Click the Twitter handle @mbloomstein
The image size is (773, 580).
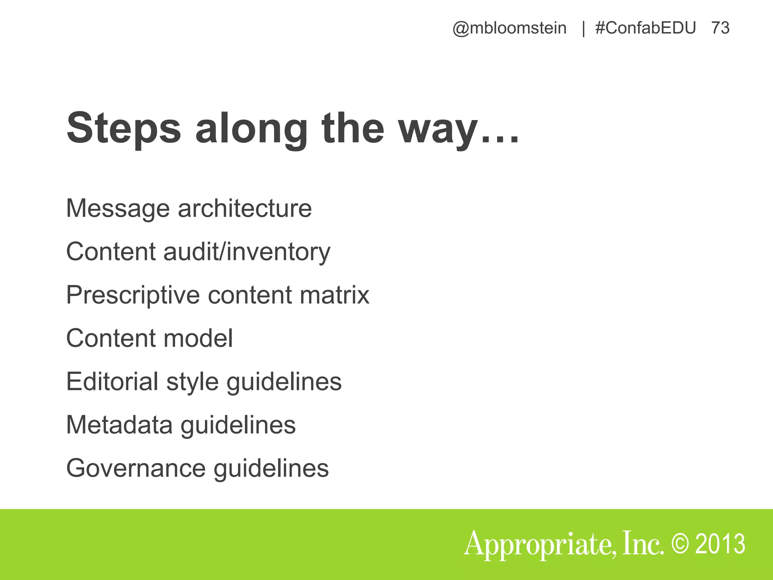coord(509,28)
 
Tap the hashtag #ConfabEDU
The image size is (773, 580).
coord(645,28)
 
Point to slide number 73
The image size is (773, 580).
coord(720,28)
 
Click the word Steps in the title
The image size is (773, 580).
coord(124,128)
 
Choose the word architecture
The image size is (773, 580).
coord(245,208)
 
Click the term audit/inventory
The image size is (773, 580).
coord(247,252)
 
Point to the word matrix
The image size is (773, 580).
coord(334,295)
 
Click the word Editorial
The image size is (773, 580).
coord(112,381)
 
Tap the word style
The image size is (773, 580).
coord(192,382)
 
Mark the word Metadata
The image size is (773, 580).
coord(119,425)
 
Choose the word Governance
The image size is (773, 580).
coord(136,468)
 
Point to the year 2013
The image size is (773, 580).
coord(720,544)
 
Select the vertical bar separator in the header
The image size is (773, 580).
coord(584,28)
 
